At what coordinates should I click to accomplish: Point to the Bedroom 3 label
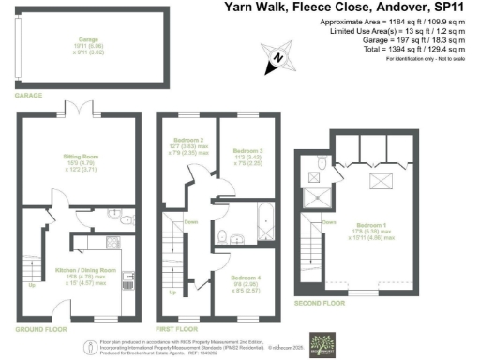[246, 150]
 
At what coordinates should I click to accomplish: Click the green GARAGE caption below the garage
[28, 96]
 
